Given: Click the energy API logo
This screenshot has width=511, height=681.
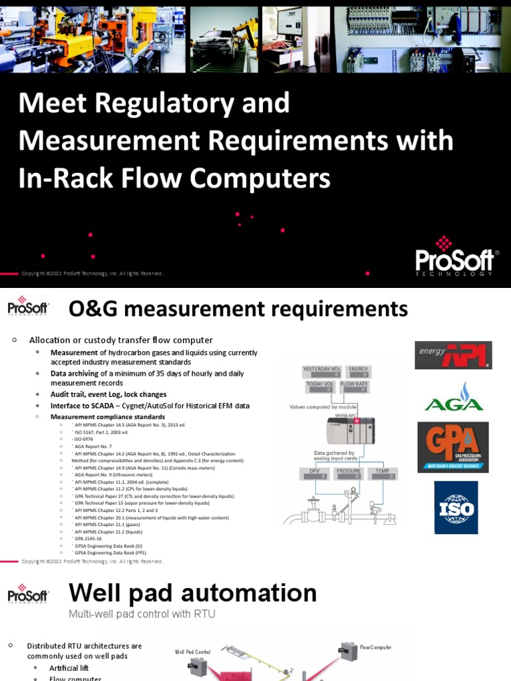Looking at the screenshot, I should [x=453, y=355].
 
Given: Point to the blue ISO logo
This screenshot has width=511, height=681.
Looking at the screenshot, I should [x=455, y=507].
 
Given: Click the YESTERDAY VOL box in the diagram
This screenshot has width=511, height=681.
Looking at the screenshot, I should [x=321, y=372].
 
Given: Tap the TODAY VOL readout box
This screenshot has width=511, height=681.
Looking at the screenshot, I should [x=321, y=387].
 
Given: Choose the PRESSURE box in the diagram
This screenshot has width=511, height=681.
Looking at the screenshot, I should [x=348, y=473].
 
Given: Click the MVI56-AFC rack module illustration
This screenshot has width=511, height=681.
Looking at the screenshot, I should [x=351, y=431].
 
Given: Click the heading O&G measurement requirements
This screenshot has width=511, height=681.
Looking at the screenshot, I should [x=238, y=309].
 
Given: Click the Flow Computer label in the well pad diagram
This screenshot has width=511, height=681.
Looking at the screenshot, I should [x=375, y=647].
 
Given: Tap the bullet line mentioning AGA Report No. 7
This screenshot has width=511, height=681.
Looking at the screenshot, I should [x=93, y=446].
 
